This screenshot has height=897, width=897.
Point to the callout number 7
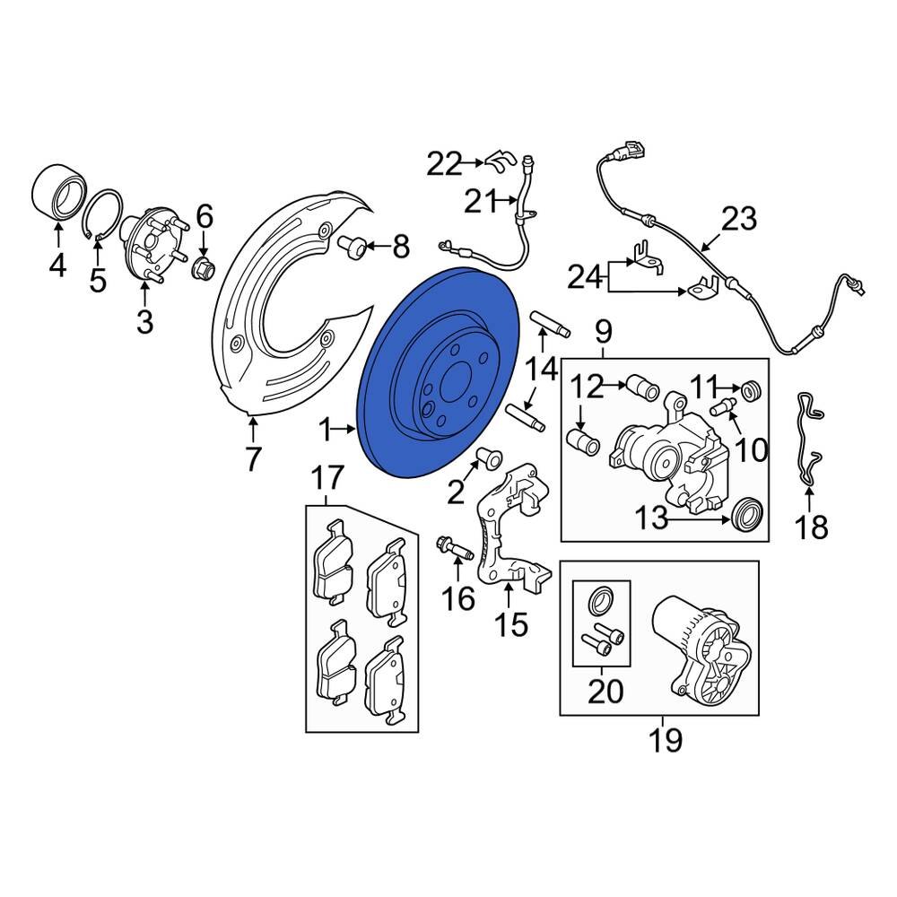(253, 459)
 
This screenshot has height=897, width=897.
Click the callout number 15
(512, 624)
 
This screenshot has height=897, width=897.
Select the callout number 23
(739, 219)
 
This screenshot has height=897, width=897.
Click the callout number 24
(588, 278)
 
